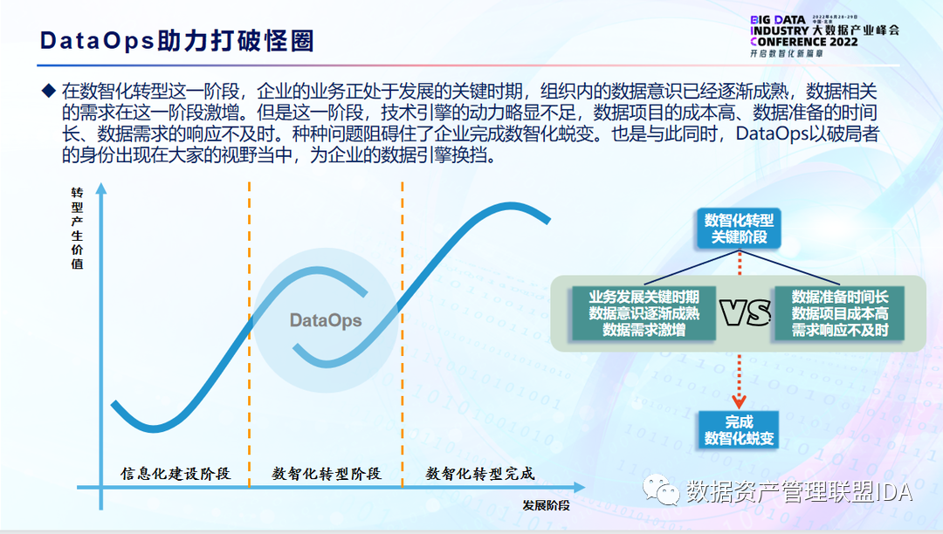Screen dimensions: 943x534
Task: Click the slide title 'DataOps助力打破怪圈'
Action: point(176,41)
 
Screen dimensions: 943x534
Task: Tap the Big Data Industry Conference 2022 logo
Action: point(824,36)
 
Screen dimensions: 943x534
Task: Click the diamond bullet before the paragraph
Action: point(48,91)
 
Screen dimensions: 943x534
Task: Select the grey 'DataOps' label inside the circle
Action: point(326,320)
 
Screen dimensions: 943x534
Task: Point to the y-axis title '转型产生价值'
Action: point(77,228)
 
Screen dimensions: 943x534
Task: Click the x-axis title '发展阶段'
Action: point(546,505)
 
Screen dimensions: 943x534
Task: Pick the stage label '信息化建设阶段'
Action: point(176,473)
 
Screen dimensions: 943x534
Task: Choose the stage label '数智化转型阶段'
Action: point(327,473)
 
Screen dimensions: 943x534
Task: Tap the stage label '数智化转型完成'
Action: point(480,473)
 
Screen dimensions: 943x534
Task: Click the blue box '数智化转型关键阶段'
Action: point(740,229)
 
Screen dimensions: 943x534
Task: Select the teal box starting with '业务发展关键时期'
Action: point(644,313)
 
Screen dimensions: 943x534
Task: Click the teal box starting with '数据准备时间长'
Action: point(840,313)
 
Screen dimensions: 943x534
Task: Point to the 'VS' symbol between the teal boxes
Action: point(745,313)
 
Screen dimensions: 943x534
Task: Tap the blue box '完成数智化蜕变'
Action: point(740,430)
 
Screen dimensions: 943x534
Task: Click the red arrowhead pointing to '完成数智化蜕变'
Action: point(740,401)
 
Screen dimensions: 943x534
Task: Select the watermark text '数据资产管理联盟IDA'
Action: point(799,492)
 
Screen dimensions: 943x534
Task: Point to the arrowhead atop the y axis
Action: point(101,188)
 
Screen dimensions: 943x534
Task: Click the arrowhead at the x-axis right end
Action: point(579,487)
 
